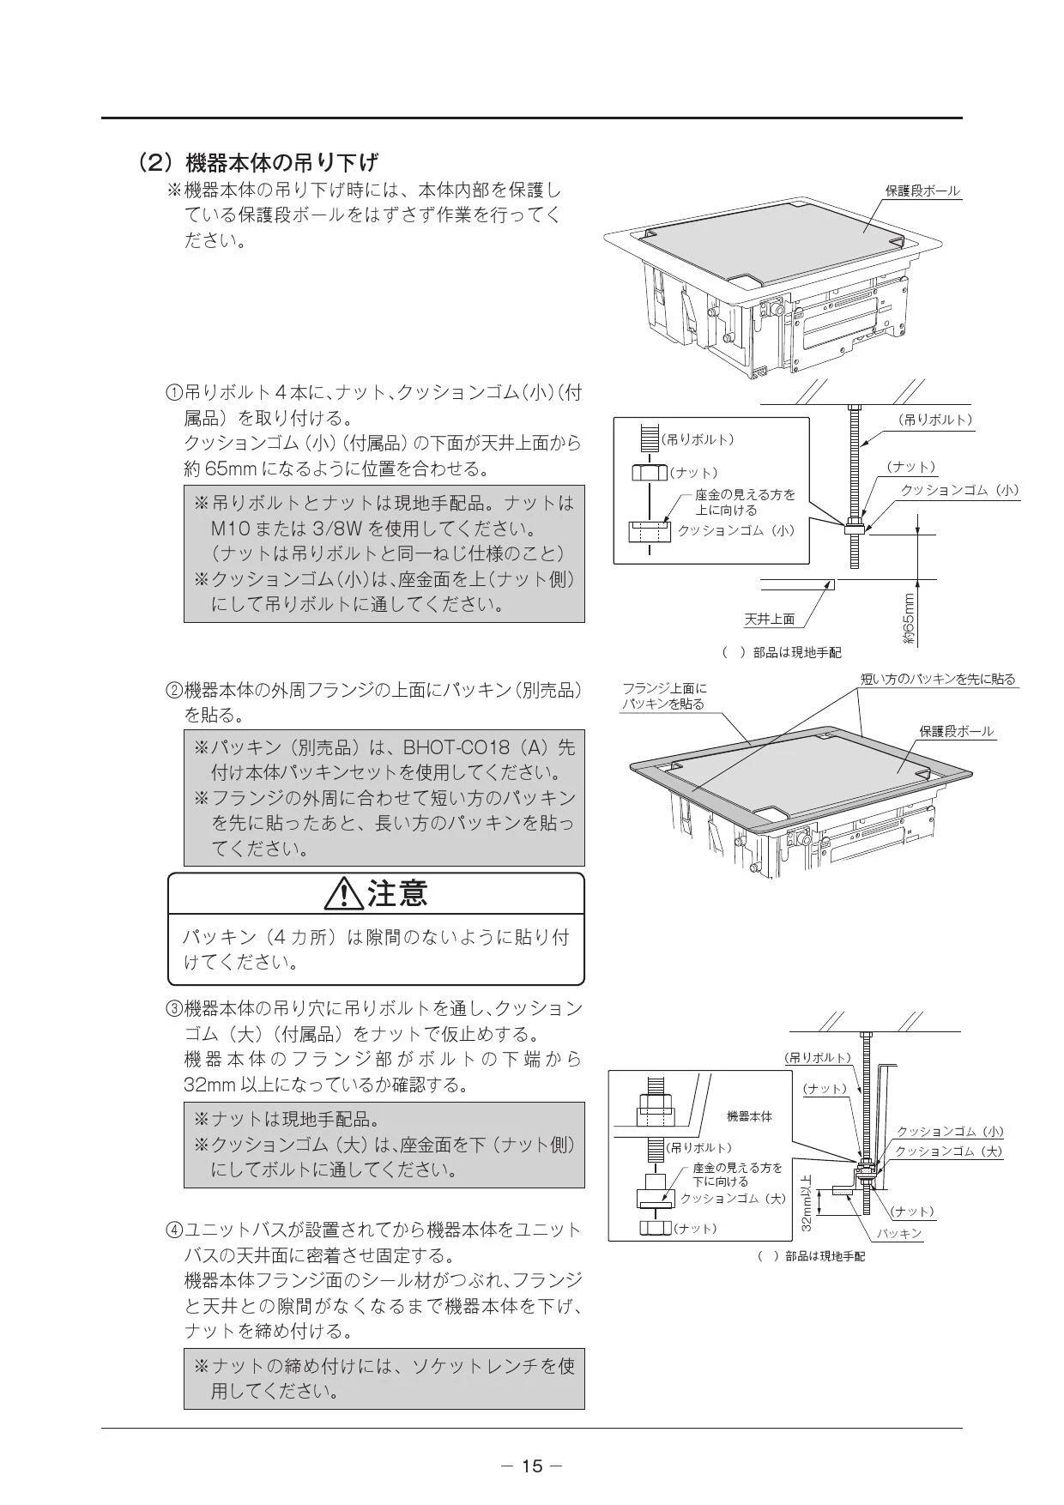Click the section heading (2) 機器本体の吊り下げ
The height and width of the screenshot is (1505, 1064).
(x=258, y=161)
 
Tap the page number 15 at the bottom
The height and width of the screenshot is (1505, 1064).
(x=532, y=1466)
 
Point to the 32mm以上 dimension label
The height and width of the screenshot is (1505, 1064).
(x=807, y=1203)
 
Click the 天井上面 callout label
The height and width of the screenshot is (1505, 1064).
(x=769, y=619)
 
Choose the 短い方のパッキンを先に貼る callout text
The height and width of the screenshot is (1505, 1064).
(x=938, y=679)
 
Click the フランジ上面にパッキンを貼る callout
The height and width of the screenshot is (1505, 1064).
(x=664, y=696)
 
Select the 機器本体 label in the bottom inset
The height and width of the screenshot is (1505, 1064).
(x=749, y=1115)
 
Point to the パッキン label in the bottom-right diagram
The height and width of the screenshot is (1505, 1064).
(x=899, y=1233)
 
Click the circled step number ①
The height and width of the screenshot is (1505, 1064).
(x=173, y=393)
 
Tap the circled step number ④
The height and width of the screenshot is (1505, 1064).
(x=173, y=1230)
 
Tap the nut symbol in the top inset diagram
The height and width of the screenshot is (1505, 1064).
(x=650, y=472)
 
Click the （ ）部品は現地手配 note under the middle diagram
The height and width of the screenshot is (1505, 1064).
(x=782, y=653)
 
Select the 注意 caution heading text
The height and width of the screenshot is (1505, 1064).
(x=397, y=893)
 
